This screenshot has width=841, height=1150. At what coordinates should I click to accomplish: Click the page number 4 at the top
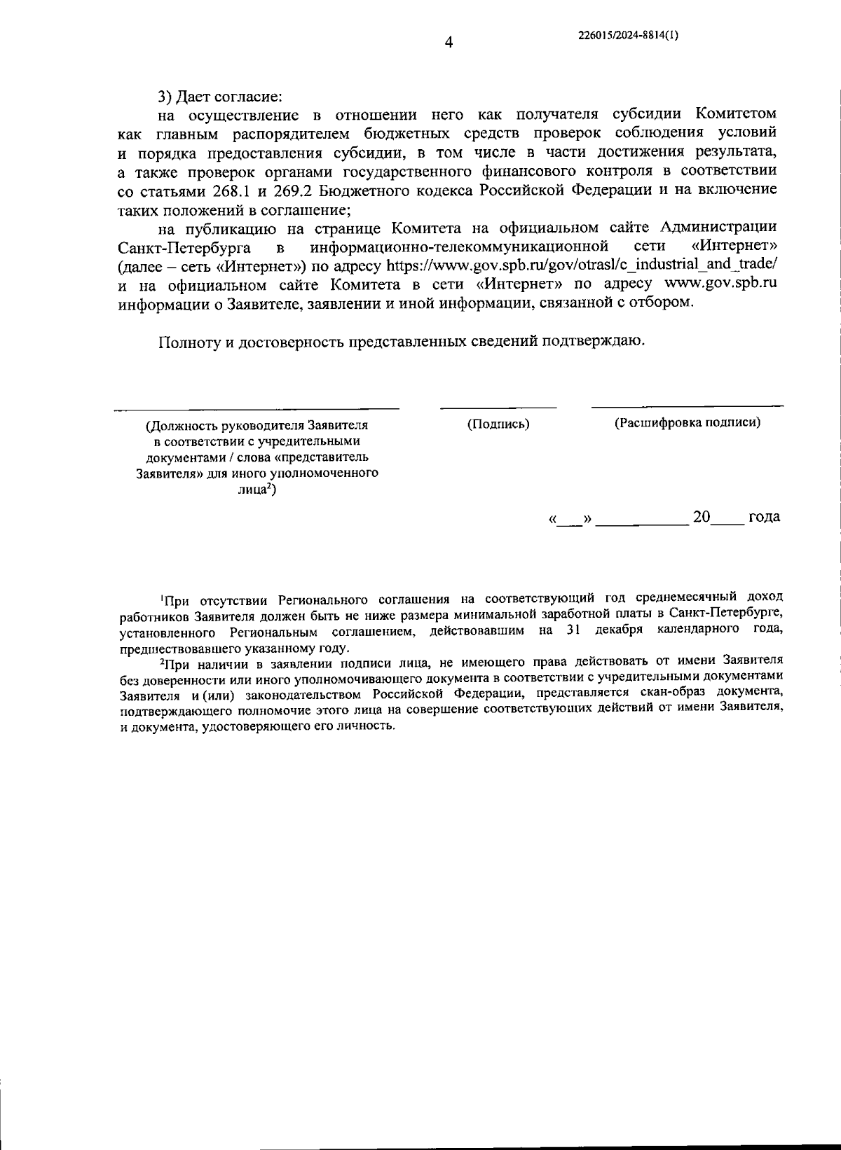point(449,43)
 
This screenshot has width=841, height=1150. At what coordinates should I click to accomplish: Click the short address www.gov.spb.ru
point(720,284)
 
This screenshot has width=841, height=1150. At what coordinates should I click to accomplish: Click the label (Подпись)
point(498,424)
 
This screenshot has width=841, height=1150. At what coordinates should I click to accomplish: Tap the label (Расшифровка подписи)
point(688,423)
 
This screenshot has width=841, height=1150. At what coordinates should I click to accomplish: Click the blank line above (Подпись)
point(498,407)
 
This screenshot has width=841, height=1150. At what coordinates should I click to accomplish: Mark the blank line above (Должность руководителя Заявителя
point(257,408)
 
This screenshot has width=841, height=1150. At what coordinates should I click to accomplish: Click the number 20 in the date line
point(702,517)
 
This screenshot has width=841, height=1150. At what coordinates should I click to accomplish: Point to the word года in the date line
point(764,517)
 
